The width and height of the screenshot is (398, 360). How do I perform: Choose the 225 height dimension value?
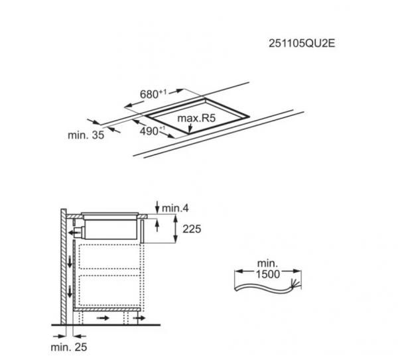tap(190, 229)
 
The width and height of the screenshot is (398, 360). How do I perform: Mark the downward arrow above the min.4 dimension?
tap(157, 204)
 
